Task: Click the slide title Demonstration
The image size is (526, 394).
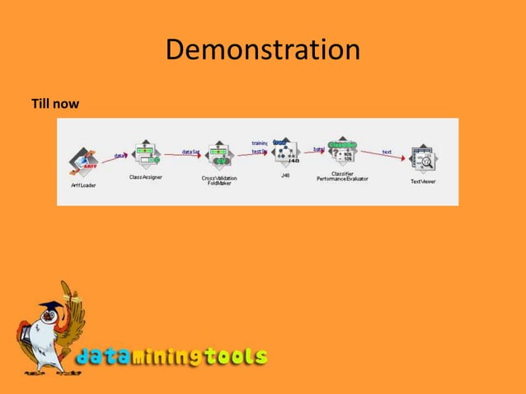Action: click(263, 51)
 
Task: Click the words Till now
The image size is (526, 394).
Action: click(54, 105)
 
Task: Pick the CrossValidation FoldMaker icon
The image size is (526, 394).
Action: click(219, 156)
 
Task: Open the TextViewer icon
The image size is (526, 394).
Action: click(423, 159)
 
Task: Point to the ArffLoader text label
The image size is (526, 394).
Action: click(82, 185)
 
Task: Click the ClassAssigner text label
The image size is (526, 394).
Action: click(146, 176)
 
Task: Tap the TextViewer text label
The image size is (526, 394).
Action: click(423, 181)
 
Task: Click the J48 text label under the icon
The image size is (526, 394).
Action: click(284, 175)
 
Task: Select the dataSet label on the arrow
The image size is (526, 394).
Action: click(190, 152)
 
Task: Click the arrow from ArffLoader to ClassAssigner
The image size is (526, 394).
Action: click(114, 158)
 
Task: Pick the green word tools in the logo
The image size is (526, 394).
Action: click(236, 356)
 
